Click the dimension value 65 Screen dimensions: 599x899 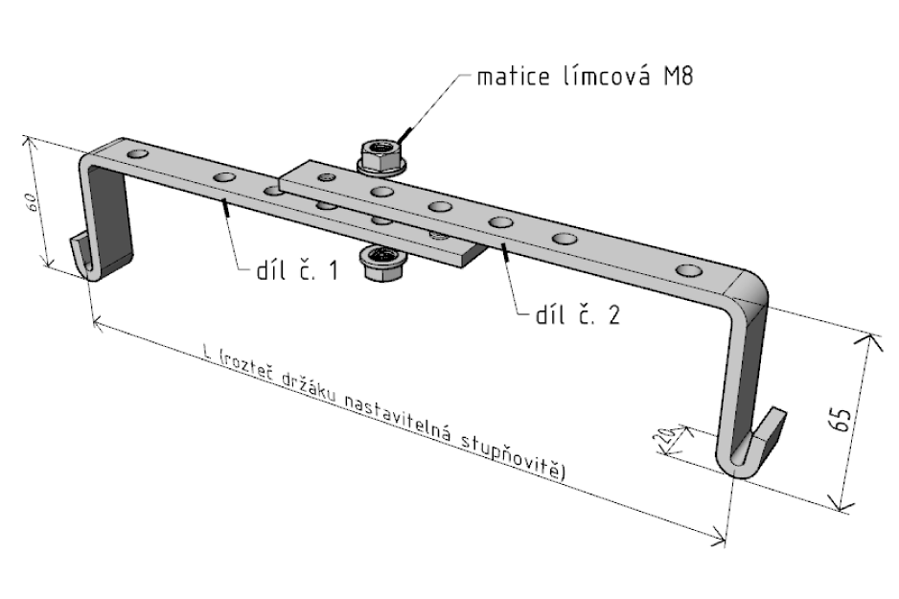click(x=844, y=420)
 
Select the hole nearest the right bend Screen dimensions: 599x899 click(x=688, y=271)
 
